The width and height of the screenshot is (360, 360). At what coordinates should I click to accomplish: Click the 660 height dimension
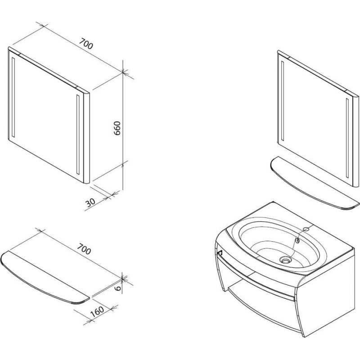[x=117, y=128]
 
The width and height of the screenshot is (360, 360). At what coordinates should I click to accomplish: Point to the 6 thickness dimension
[x=118, y=288]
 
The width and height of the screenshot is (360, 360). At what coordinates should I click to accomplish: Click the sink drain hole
[x=285, y=260]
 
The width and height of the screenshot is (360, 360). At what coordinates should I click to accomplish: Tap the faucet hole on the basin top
[x=306, y=229]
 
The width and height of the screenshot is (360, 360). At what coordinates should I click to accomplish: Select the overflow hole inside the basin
[x=297, y=240]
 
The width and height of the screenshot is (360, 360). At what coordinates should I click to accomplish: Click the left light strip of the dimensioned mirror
[x=13, y=97]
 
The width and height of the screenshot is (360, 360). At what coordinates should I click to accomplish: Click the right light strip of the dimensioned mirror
[x=78, y=134]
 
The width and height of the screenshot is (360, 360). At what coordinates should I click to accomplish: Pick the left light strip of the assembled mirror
[x=283, y=101]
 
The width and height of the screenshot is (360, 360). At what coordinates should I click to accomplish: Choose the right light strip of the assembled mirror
[x=347, y=138]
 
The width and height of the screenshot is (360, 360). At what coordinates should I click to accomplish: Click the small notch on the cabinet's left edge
[x=220, y=253]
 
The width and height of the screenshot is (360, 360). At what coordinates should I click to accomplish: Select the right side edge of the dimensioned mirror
[x=86, y=137]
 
